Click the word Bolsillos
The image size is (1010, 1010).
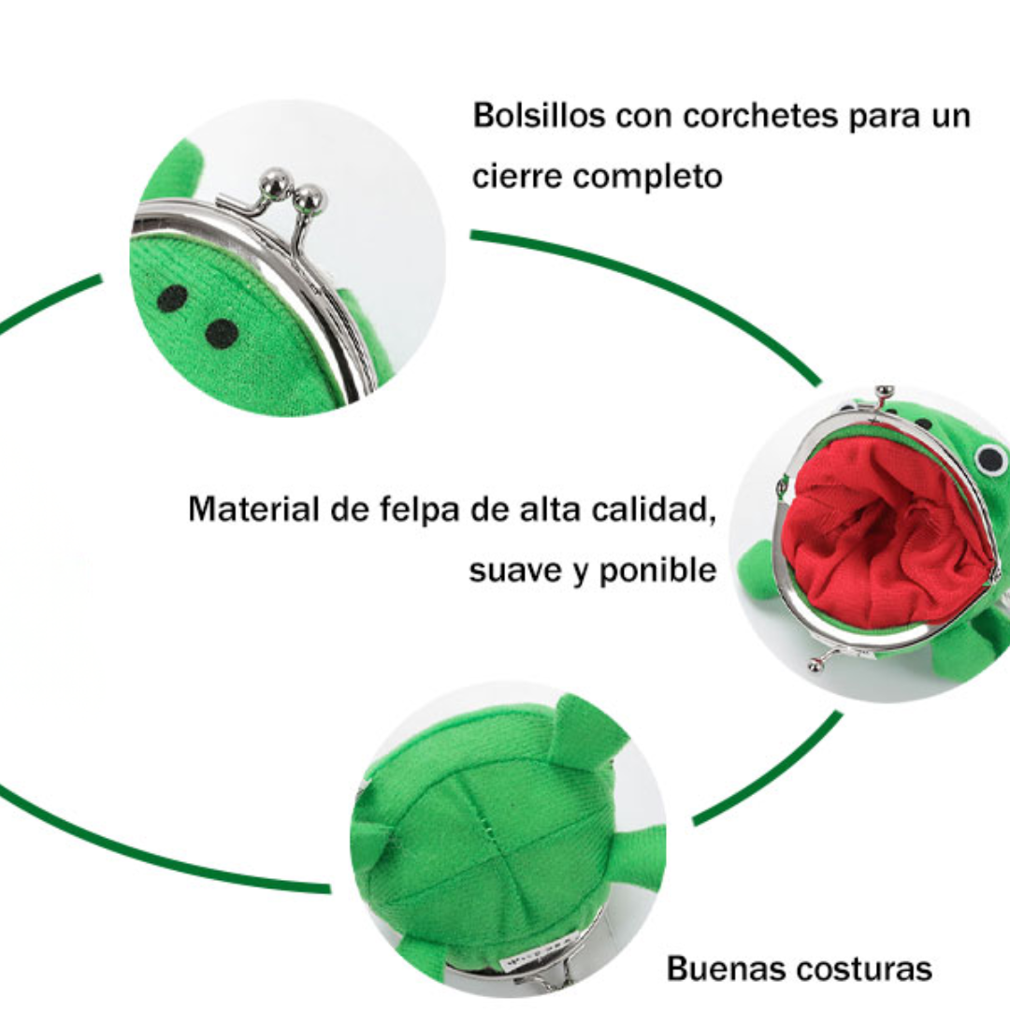[x=540, y=116]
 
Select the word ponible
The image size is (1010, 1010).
[x=657, y=570]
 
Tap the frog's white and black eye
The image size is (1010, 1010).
[x=990, y=459]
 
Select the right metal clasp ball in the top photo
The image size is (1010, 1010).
[x=310, y=199]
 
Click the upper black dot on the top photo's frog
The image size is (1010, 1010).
[x=173, y=298]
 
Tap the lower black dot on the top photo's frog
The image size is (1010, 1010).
[x=222, y=334]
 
